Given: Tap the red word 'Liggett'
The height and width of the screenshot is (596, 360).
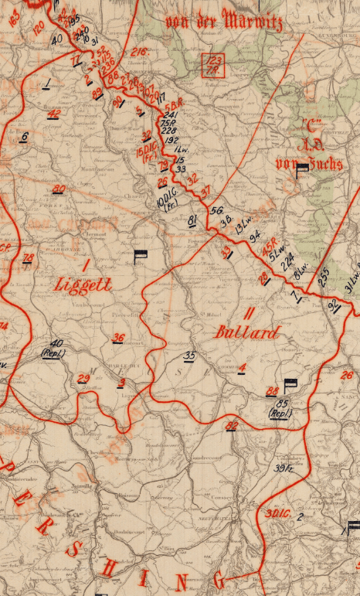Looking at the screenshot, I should (84, 284).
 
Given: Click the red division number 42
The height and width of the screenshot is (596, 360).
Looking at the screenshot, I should (54, 114).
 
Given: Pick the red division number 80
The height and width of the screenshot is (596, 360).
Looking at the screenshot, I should (59, 189).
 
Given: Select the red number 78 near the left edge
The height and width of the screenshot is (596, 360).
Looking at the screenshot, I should (28, 257).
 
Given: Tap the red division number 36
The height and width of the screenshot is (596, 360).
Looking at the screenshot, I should (118, 337).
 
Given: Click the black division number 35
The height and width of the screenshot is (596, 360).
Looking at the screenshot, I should (189, 355).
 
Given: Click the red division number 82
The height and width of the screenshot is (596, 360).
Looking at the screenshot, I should (231, 425).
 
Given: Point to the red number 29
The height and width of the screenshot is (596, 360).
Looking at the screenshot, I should (83, 376).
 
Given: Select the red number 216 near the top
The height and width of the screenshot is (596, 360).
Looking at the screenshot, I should (139, 51).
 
